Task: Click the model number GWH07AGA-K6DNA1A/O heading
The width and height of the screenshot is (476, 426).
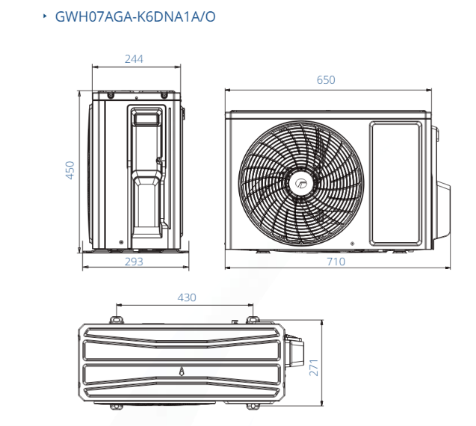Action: (x=135, y=16)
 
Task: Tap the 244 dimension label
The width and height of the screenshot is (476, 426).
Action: (x=134, y=59)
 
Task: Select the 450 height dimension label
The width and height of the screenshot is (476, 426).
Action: (x=69, y=170)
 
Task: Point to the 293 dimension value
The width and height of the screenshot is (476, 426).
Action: (x=134, y=262)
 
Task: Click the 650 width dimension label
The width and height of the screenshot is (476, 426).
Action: (x=326, y=80)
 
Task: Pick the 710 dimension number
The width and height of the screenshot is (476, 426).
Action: (x=336, y=262)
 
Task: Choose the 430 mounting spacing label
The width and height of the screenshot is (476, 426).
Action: (x=187, y=297)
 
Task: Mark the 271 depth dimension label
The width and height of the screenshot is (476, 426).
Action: (x=314, y=368)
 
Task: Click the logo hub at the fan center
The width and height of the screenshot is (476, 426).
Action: (x=301, y=183)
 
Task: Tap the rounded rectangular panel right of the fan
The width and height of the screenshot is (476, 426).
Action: (x=396, y=183)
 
